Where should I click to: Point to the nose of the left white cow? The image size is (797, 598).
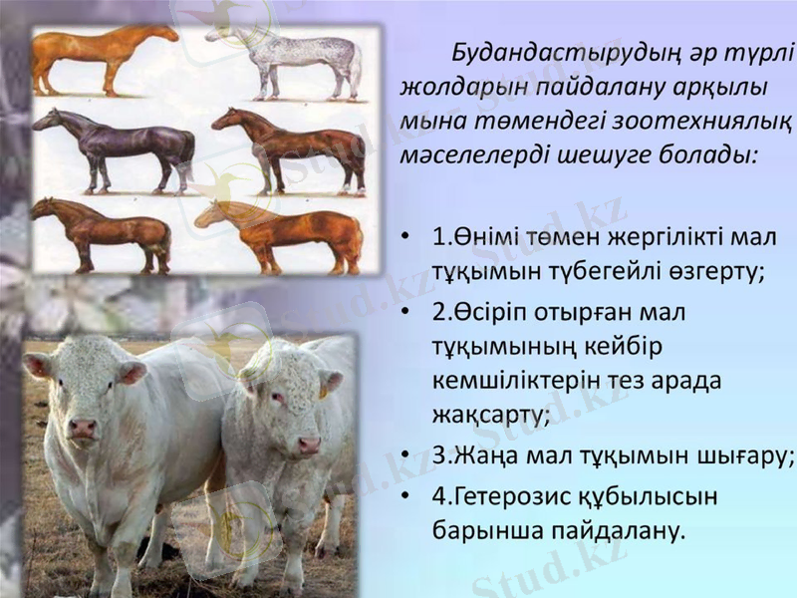pyautogui.click(x=82, y=429)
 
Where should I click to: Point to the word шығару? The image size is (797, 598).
pyautogui.click(x=740, y=455)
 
